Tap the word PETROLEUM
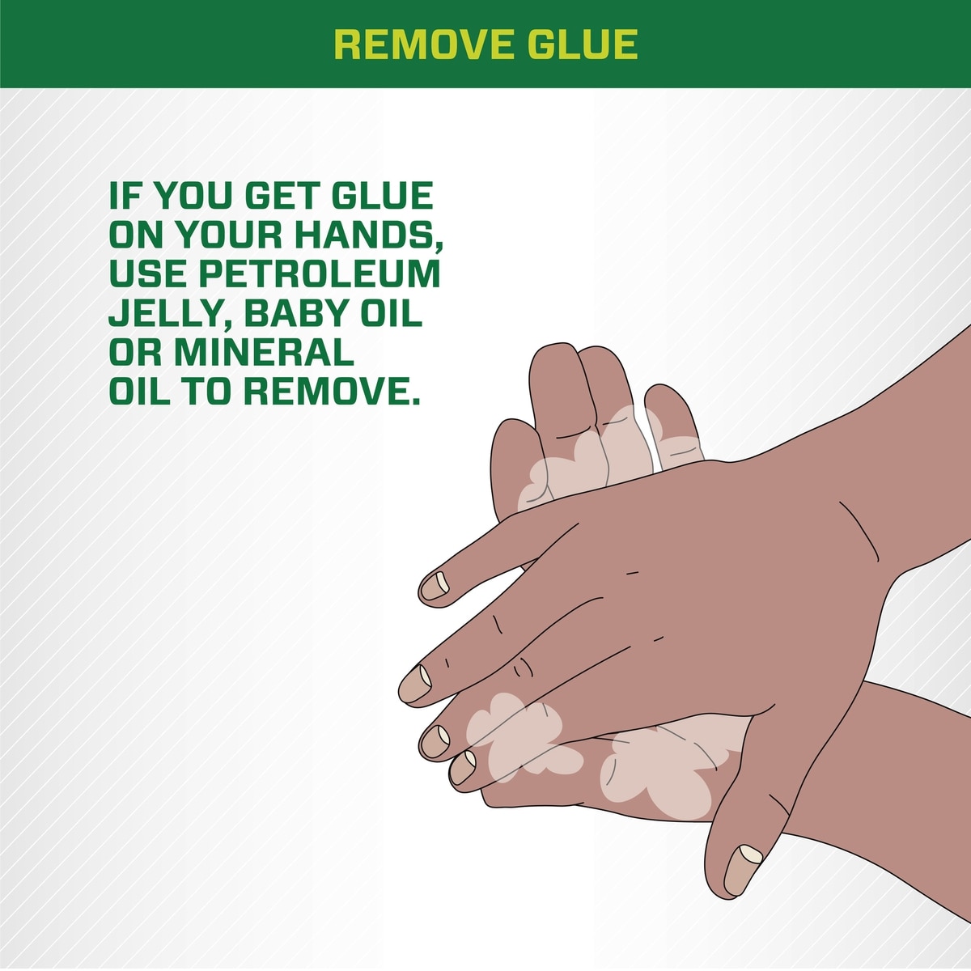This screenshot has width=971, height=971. coord(320,274)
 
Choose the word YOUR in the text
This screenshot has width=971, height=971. coord(227,235)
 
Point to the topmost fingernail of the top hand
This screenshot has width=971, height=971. coord(435,586)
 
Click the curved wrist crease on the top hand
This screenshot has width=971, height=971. coord(859,530)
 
